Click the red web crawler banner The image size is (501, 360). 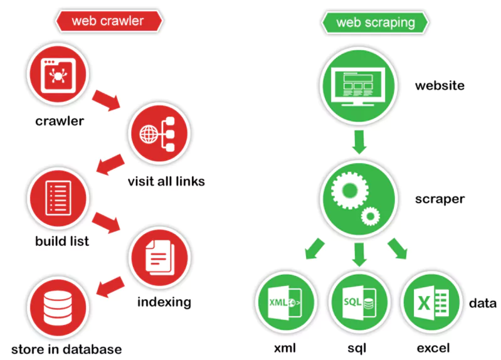pos(107,21)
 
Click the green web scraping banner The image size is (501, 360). pos(376,23)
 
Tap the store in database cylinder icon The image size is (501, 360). pos(57,307)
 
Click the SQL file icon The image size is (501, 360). pos(359,304)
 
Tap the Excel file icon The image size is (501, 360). pos(432,304)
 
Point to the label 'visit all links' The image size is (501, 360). pos(166,182)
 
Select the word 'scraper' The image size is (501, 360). pos(440,199)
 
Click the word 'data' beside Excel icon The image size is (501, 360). pos(483,304)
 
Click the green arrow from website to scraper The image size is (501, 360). pos(359,142)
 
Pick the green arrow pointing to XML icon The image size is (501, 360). pos(315,250)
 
